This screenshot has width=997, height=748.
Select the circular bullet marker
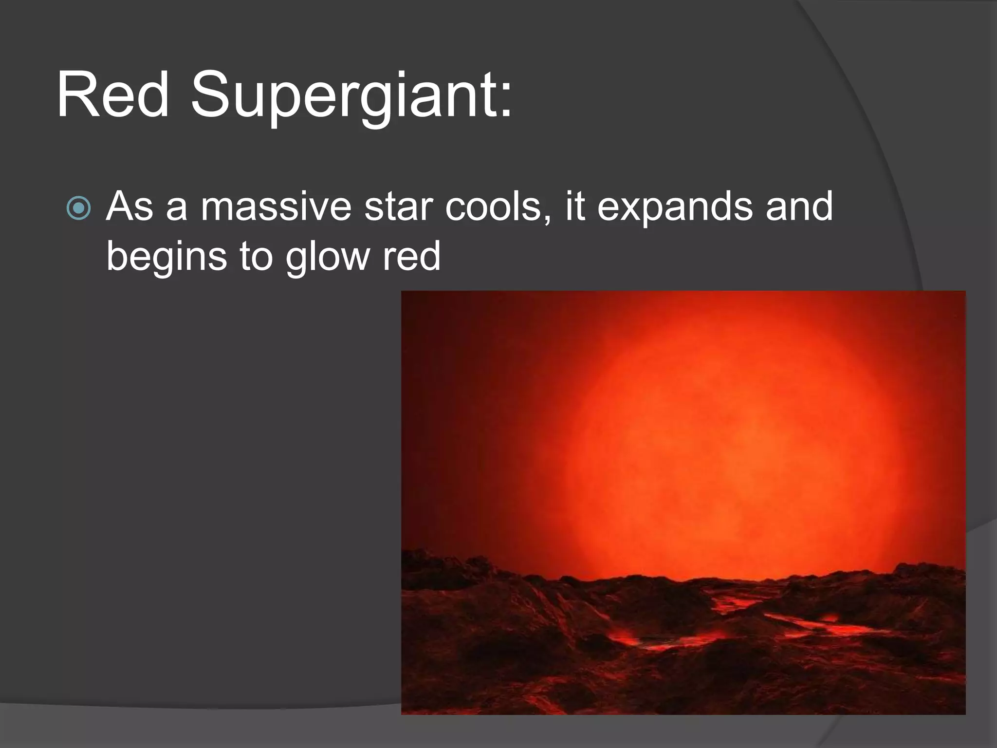tap(78, 208)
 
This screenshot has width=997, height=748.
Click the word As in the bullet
tap(129, 206)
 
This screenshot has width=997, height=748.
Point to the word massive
tap(276, 206)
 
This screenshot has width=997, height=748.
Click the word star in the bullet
tap(399, 206)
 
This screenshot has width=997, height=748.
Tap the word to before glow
tap(256, 257)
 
